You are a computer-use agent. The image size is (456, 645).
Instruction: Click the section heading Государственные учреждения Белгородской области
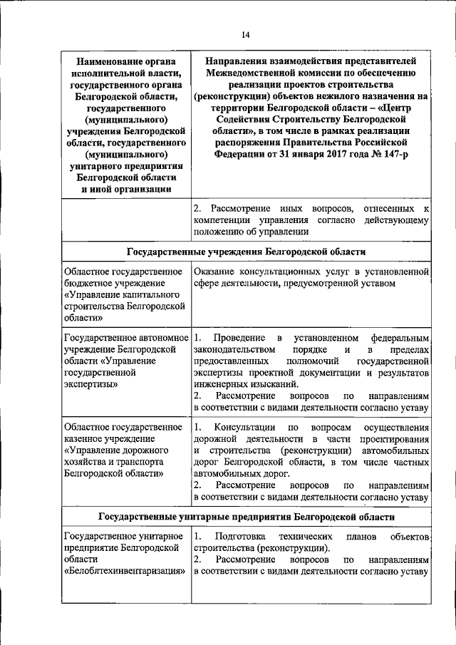tap(246, 252)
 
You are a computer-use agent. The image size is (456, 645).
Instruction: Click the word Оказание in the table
tap(216, 272)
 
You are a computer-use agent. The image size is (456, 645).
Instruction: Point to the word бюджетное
tap(90, 284)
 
